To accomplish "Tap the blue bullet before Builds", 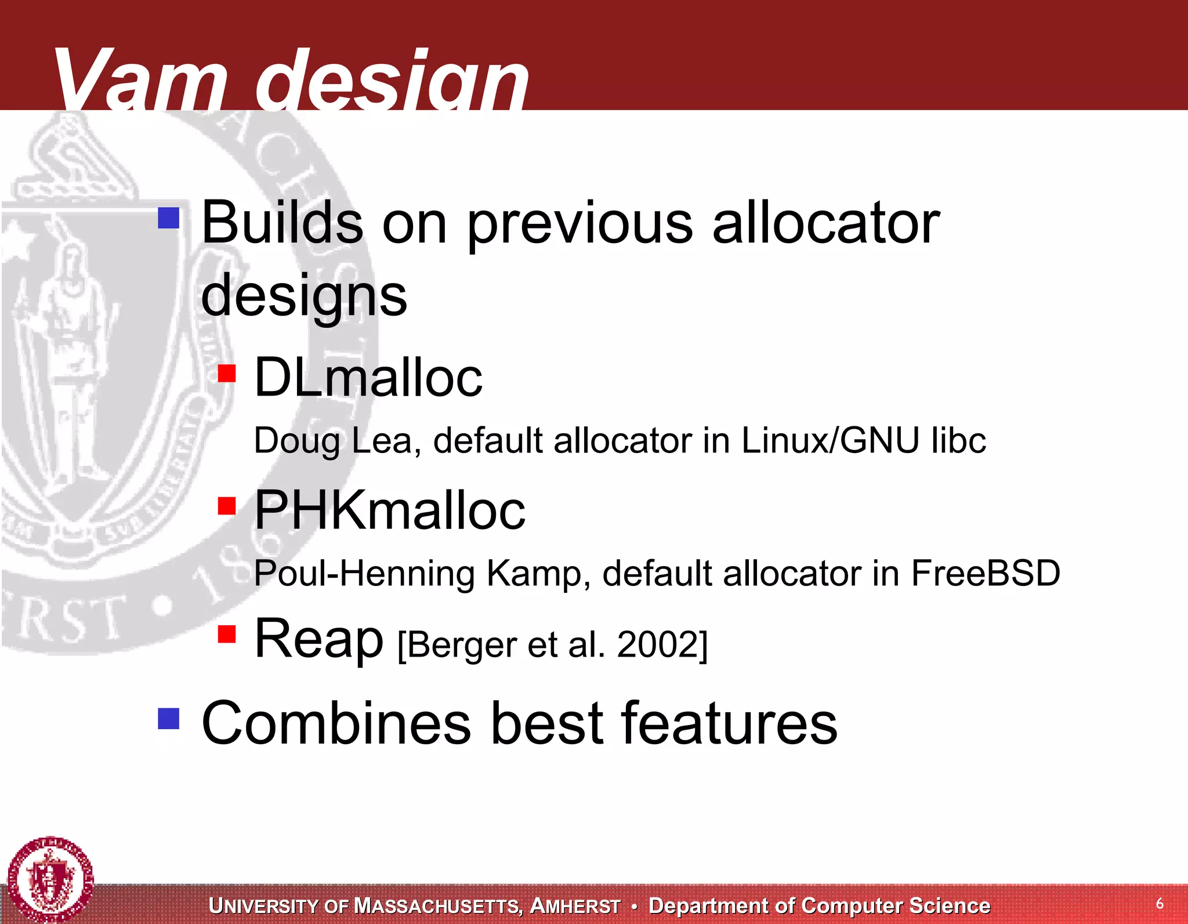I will pos(169,219).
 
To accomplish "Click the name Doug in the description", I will pos(296,441).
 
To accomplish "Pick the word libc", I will pos(958,441).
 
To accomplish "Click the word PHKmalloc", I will pos(390,510).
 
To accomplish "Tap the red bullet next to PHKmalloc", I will pos(227,506).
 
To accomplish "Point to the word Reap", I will pos(319,639).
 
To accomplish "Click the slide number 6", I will pos(1160,903).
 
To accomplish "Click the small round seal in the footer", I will pos(50,879).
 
